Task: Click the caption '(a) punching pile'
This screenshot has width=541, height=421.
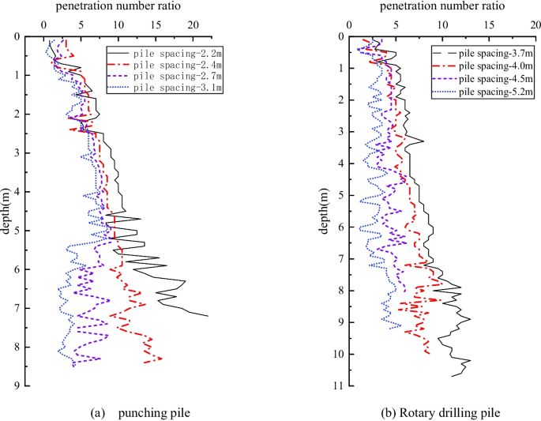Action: click(141, 412)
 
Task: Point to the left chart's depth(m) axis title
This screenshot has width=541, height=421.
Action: click(7, 211)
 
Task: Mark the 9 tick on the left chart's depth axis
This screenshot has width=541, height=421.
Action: click(27, 385)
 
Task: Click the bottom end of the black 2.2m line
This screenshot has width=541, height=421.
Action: click(208, 316)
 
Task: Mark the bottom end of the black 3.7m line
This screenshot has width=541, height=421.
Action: click(452, 376)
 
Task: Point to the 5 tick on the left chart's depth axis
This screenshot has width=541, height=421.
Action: click(27, 231)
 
